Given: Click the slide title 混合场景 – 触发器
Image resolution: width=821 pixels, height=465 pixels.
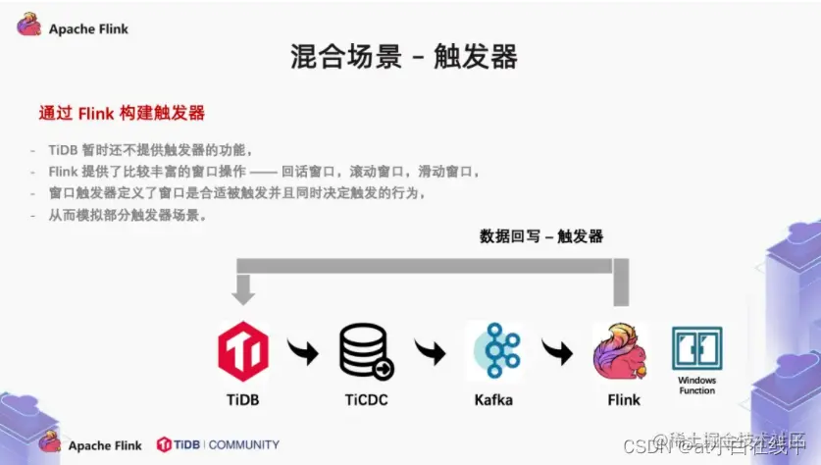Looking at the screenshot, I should tap(404, 57).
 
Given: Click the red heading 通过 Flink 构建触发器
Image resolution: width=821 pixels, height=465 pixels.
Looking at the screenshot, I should tap(122, 113).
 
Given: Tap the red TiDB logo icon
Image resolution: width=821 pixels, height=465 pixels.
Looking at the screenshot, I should tap(243, 350).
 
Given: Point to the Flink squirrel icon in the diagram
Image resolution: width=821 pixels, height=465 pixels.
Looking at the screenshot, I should tap(620, 351).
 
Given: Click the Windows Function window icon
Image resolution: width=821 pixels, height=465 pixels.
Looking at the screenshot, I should tap(696, 348).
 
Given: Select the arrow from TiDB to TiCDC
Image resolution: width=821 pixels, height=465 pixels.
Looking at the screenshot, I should tap(303, 350).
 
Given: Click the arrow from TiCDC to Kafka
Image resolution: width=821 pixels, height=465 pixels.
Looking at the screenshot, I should tap(430, 350).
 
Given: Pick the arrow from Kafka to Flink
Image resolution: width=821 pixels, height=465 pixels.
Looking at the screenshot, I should tap(557, 350).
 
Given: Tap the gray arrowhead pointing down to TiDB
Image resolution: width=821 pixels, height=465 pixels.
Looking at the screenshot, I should tap(243, 292).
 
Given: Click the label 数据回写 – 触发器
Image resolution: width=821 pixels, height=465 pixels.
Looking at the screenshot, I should tap(541, 236).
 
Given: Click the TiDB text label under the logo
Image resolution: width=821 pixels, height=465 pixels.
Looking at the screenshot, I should tap(243, 400).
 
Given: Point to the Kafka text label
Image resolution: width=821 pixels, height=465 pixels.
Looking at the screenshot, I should tap(492, 400).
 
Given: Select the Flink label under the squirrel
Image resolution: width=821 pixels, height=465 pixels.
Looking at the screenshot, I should tap(623, 400).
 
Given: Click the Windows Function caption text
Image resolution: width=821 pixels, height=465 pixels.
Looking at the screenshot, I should tap(696, 386).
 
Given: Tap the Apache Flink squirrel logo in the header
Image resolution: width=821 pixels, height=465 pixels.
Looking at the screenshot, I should tap(28, 26).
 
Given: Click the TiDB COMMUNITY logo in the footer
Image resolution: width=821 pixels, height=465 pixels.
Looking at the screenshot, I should tap(218, 444).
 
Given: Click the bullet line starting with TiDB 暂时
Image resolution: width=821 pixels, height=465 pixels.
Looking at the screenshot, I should tap(151, 150).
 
